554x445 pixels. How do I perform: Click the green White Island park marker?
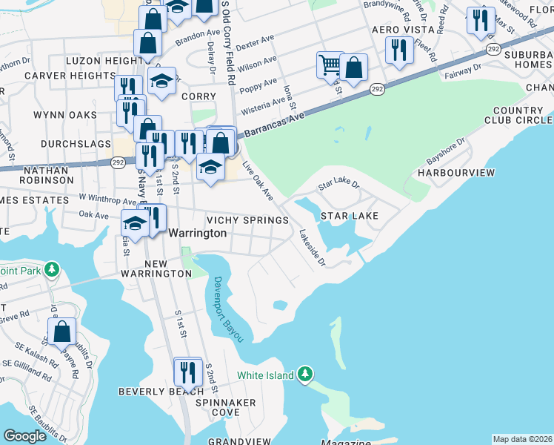click(x=304, y=375)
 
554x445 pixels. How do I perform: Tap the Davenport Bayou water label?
click(x=228, y=309)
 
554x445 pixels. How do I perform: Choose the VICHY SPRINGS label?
click(x=247, y=220)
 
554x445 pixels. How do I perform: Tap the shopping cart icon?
click(x=330, y=65)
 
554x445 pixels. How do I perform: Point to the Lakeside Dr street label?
click(x=312, y=248)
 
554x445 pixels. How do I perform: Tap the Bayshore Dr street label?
click(x=445, y=151)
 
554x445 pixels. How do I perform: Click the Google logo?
click(x=25, y=436)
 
